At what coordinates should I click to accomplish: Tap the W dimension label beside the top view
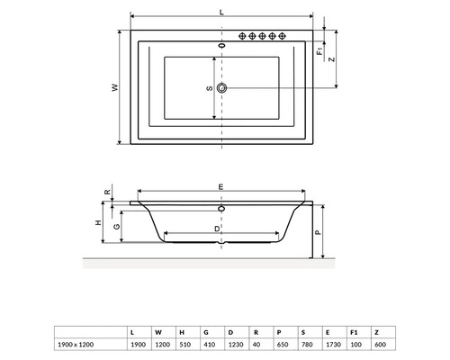[115, 87]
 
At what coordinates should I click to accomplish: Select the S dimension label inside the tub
[208, 88]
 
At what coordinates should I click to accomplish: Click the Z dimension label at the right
[333, 59]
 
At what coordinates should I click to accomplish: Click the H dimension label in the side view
[98, 222]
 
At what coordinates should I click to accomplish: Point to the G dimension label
[116, 226]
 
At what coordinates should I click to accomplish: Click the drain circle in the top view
[222, 88]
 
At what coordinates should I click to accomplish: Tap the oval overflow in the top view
[222, 43]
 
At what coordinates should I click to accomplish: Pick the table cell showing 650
[283, 344]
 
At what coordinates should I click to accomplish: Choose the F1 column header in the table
[355, 330]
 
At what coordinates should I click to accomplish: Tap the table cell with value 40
[258, 344]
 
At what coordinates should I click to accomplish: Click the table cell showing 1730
[330, 344]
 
